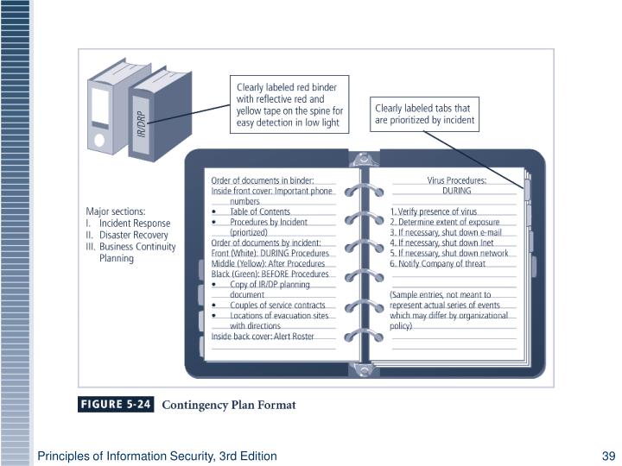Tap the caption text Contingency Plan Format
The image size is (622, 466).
(229, 405)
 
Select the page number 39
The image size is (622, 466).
(607, 455)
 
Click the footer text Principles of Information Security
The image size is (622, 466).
(156, 455)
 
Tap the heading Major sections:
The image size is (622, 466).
(116, 211)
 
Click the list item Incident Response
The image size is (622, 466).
(134, 223)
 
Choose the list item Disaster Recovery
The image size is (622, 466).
(133, 235)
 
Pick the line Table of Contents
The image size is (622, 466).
(260, 211)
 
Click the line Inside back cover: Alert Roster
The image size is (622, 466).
(263, 337)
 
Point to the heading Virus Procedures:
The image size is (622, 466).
(456, 180)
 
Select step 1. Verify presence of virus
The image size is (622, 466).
(434, 211)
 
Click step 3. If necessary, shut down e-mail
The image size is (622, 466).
(446, 232)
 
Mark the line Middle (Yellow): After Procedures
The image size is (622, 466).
(270, 263)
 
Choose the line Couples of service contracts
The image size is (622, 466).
(277, 305)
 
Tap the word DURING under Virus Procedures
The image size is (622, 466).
(456, 191)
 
